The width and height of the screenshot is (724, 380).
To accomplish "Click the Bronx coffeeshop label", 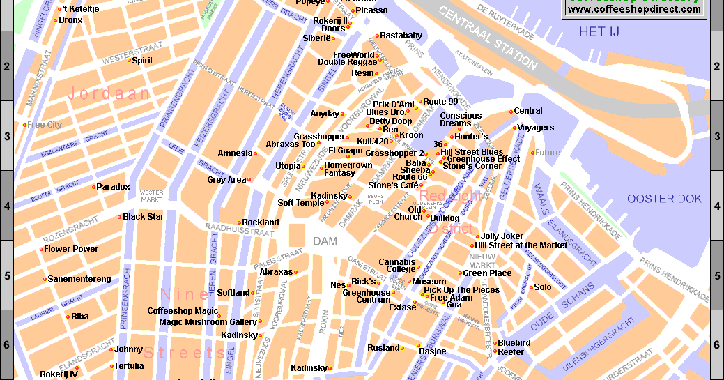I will click(x=70, y=20).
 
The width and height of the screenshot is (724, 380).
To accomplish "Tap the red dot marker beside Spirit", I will click(x=130, y=61).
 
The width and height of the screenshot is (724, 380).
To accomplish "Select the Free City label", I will click(x=45, y=125).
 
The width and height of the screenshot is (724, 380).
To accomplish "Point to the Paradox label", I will click(x=113, y=187).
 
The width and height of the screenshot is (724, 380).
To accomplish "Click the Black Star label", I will click(x=144, y=217).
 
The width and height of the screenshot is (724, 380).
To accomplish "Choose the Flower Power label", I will click(x=71, y=249).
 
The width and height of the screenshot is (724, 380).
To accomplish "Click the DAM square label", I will click(x=325, y=242).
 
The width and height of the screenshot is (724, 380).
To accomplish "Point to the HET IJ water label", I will click(x=599, y=32).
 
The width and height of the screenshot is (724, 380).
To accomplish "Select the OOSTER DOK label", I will click(x=664, y=199).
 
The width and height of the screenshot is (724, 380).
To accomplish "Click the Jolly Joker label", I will click(x=502, y=236).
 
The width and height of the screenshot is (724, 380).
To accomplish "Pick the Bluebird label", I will click(x=514, y=343).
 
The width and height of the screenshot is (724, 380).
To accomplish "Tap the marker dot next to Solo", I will click(x=531, y=287).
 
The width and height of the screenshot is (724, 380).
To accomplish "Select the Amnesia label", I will click(x=235, y=153).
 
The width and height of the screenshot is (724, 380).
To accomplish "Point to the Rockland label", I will click(x=260, y=222).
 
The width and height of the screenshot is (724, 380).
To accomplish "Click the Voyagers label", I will click(x=536, y=128).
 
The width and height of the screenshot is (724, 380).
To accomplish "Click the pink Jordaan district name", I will click(x=109, y=93).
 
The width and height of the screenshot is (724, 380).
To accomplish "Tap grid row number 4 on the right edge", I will click(x=716, y=206).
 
